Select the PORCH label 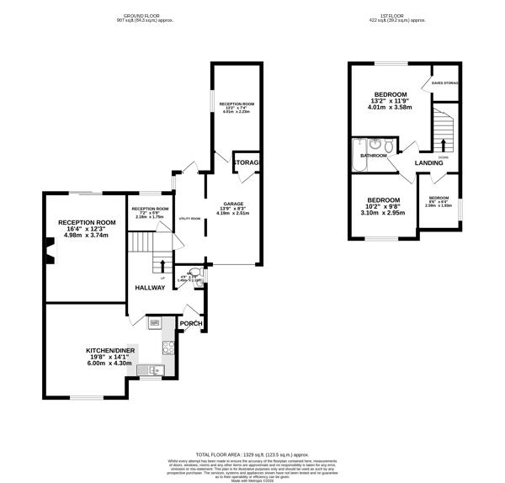191,323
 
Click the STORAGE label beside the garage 247,162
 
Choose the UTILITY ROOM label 189,218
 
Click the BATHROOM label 374,156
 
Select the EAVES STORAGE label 445,82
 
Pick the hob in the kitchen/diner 167,346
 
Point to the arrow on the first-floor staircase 444,143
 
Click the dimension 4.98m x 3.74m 85,236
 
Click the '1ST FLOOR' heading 389,17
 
